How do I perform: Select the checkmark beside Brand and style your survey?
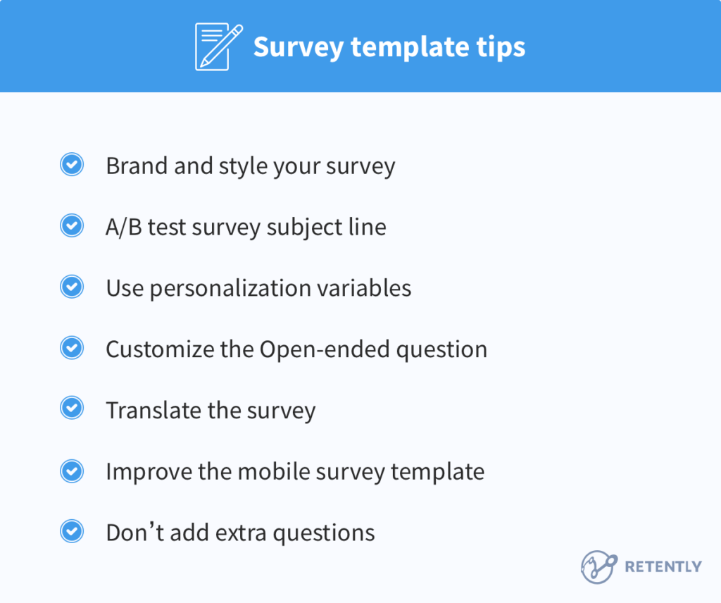pos(72,166)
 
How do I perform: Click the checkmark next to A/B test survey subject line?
pos(72,226)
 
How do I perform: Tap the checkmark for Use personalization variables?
pos(72,287)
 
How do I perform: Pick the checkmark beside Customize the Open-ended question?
pos(72,348)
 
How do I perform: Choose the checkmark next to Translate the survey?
pos(72,409)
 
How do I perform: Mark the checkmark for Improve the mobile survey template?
pos(72,471)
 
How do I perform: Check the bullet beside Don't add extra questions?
pos(72,531)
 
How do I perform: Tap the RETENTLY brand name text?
pos(663,566)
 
